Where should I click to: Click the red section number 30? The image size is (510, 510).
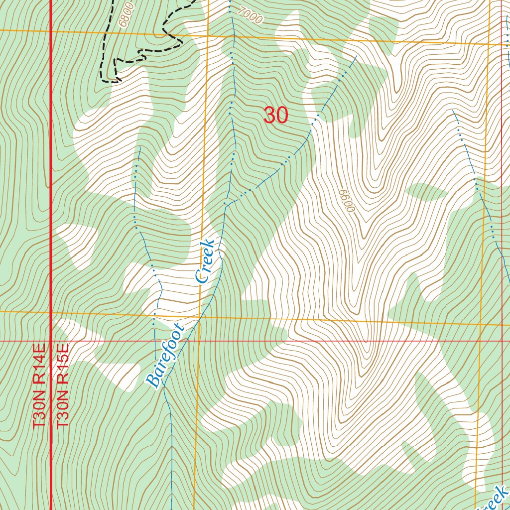275,116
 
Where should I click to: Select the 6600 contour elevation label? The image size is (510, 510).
345,201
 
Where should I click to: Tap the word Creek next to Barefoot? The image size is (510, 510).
205,261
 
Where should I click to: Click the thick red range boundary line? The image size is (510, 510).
52,199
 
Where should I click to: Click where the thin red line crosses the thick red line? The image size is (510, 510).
52,341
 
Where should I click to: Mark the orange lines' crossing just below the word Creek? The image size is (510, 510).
200,316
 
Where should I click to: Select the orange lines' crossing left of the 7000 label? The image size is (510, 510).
207,36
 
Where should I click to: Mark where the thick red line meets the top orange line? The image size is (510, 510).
52,31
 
